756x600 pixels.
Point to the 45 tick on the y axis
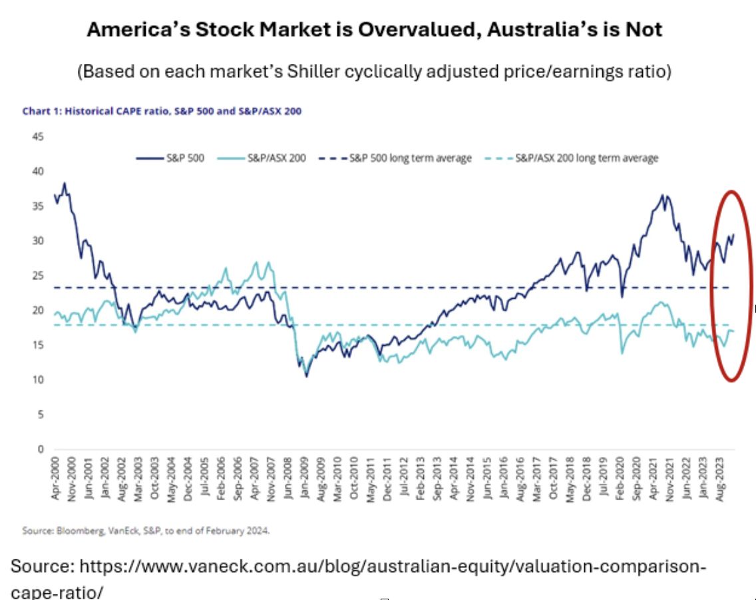click(x=39, y=137)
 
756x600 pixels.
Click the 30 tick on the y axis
click(x=39, y=241)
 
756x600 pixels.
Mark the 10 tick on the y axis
click(x=39, y=380)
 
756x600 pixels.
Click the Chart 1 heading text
click(x=162, y=111)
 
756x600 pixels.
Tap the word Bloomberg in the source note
click(x=77, y=530)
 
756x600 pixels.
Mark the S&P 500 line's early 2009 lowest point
click(x=306, y=376)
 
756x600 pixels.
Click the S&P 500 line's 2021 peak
click(x=662, y=195)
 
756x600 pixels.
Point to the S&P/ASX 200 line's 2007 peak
click(x=257, y=261)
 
